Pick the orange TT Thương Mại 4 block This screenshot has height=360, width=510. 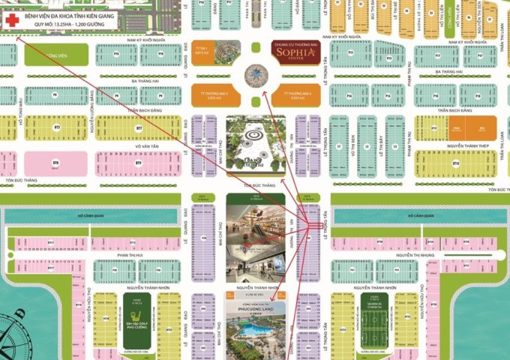[x=292, y=94]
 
